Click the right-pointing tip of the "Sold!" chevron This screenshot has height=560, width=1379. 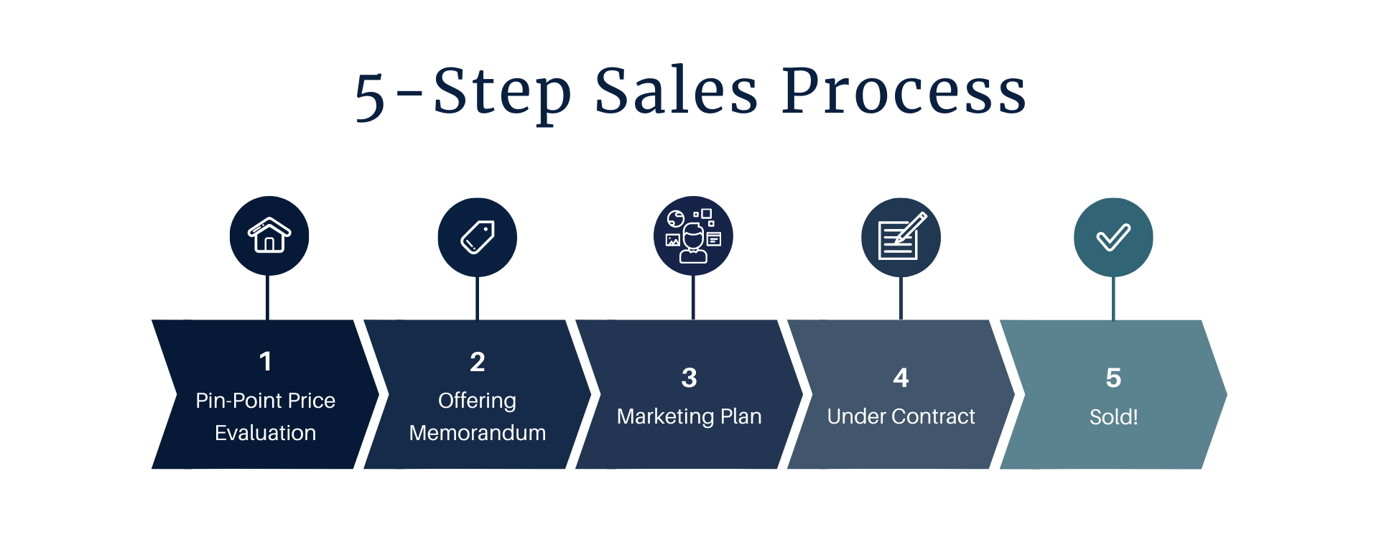1227,394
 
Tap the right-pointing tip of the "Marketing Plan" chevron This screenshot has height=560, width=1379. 803,394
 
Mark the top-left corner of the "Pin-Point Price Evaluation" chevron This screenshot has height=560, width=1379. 152,320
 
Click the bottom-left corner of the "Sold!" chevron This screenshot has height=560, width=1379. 1000,469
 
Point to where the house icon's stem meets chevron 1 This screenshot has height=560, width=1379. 267,319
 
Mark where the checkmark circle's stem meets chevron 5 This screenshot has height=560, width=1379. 1113,319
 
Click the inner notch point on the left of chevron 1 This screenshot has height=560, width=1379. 177,394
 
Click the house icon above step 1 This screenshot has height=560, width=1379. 269,235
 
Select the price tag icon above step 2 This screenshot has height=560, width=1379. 478,237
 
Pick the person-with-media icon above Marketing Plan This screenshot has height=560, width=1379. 693,236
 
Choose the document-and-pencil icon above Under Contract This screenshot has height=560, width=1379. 902,235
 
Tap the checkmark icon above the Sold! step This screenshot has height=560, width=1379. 1113,237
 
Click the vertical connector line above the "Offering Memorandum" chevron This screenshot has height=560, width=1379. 477,298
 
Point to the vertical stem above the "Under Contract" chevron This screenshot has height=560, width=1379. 901,298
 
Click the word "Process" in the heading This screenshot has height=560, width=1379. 904,92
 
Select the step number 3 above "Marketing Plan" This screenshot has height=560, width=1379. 689,378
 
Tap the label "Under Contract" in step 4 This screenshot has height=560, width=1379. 901,416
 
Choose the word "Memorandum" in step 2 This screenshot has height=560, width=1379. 478,433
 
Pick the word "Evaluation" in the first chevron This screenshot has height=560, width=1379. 265,433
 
